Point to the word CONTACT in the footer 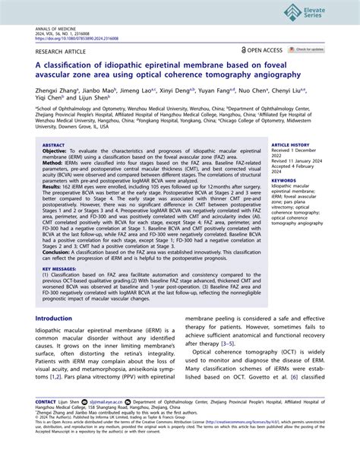pos(46,422)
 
